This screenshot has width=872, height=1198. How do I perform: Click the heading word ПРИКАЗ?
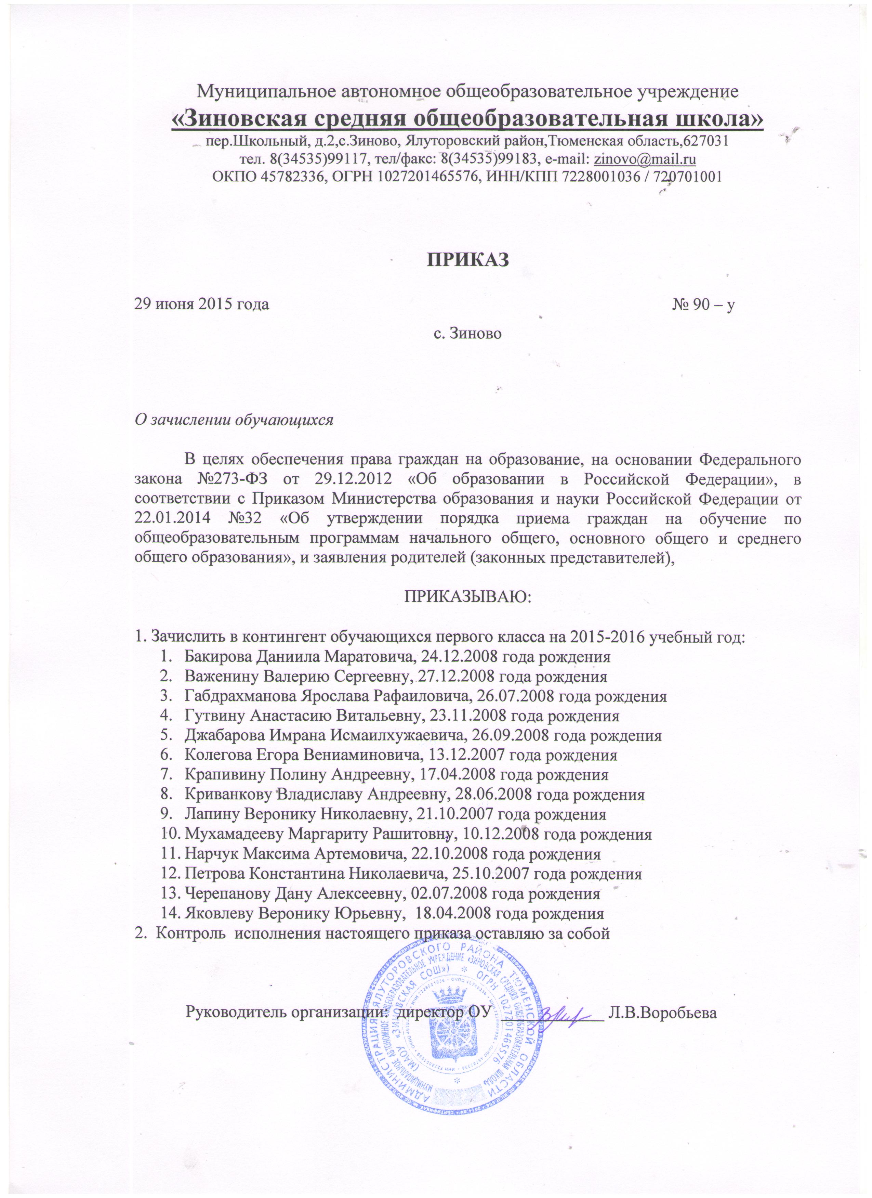(468, 259)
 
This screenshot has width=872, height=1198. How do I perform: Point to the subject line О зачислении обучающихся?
(234, 420)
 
